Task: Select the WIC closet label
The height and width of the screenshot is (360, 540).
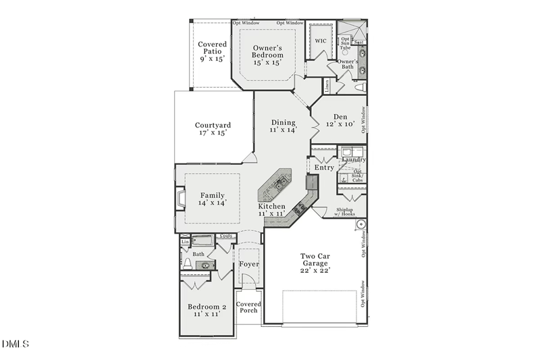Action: coord(321,41)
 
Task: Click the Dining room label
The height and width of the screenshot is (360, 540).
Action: coord(283,126)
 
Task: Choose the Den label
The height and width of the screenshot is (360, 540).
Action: coord(340,121)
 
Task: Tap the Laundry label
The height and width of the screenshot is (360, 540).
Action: coord(354,160)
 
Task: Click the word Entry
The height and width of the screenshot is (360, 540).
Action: coord(325,168)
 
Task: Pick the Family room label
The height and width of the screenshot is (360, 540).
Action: coord(213,198)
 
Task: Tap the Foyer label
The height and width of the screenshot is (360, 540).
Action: coord(249,264)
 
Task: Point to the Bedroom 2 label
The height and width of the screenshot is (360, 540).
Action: coord(207,311)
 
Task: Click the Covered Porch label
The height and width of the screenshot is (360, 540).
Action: coord(248,307)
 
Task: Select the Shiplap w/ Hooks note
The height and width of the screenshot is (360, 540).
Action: coord(350,212)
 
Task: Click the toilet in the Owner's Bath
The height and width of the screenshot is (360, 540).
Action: coord(359,88)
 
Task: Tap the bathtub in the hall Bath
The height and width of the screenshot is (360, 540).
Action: coord(203,240)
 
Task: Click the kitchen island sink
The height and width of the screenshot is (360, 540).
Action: coord(281,182)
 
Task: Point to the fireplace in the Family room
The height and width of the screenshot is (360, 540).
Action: coord(180,199)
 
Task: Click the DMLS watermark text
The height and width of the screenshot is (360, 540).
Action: coord(16,344)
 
